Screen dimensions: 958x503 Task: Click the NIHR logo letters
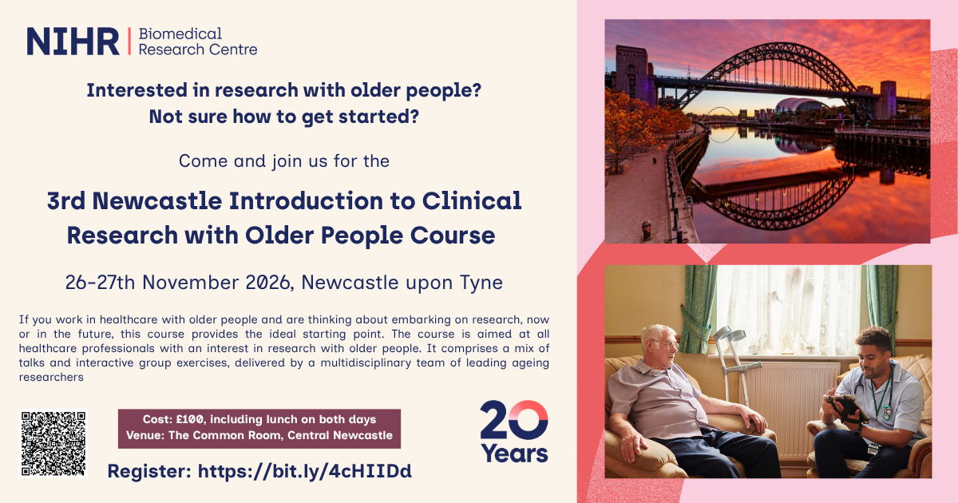click(73, 42)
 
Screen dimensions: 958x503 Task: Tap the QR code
click(53, 444)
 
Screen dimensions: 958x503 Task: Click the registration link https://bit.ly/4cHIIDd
click(304, 471)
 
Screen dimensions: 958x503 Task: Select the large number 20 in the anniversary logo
click(514, 420)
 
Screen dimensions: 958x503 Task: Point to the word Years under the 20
click(514, 453)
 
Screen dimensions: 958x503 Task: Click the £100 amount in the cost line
click(190, 419)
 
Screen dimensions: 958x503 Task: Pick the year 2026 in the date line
click(267, 283)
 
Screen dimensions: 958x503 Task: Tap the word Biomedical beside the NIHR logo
click(180, 34)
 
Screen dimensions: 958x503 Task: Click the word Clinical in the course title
click(472, 200)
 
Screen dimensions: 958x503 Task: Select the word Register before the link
click(149, 471)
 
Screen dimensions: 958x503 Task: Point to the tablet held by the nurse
click(846, 406)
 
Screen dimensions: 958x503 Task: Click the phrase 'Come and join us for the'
click(284, 161)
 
